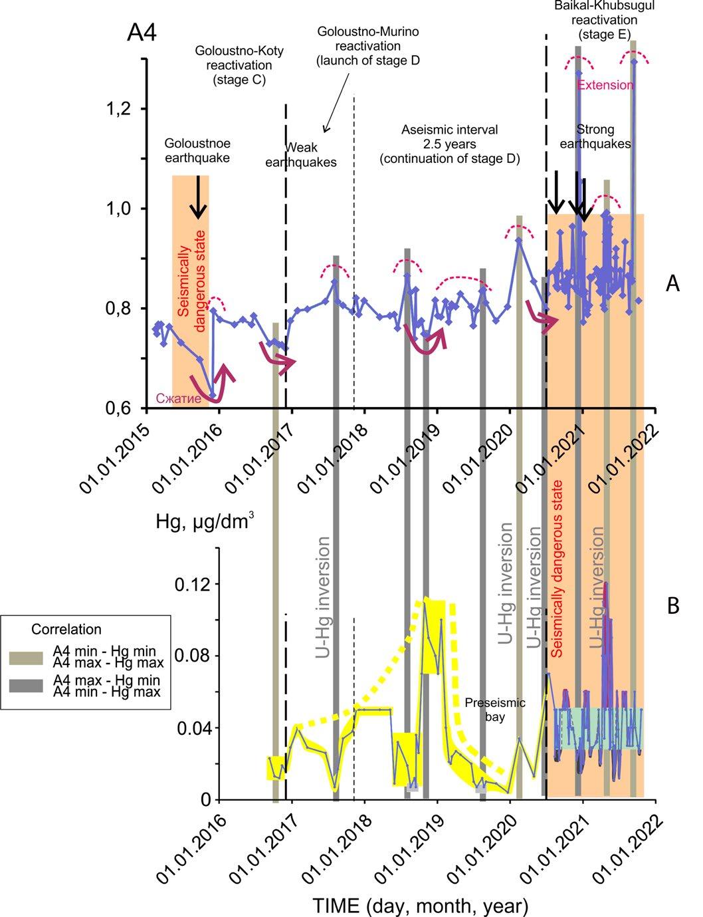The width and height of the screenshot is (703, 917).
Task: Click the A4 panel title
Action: (x=142, y=33)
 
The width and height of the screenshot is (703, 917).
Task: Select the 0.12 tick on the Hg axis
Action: (x=193, y=584)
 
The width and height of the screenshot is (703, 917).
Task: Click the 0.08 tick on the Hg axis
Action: (x=193, y=656)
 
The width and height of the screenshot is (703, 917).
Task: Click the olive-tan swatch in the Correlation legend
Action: (x=27, y=657)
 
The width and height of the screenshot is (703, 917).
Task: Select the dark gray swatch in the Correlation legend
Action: (x=27, y=686)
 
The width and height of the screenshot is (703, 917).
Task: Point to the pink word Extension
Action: (x=605, y=85)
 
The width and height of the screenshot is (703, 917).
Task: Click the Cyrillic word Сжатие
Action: (x=179, y=399)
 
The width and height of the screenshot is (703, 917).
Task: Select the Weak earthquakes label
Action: (x=310, y=154)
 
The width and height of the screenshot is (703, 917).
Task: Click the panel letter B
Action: (x=672, y=606)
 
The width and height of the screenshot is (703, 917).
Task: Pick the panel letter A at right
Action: (x=672, y=284)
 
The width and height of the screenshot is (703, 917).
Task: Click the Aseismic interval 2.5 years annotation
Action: (x=449, y=144)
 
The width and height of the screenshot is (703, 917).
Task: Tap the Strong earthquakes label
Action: (x=595, y=136)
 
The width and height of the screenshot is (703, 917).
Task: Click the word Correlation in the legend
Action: (x=67, y=629)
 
